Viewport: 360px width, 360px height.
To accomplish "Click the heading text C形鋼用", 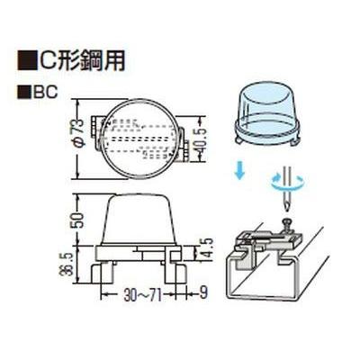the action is pos(80,60).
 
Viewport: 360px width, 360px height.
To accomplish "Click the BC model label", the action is pos(45,92).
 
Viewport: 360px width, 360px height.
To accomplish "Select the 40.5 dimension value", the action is pos(201,140).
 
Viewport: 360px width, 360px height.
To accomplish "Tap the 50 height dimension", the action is pos(79,220).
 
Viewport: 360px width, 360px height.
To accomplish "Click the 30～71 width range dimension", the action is pos(143,296).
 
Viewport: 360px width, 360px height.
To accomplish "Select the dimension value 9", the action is pos(203,293).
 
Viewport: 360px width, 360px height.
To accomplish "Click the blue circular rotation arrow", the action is pos(288,182).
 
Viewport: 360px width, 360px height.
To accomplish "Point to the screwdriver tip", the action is pos(287,211).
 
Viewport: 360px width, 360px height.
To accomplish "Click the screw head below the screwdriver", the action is pos(286,221).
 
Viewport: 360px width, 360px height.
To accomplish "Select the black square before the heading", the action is pos(26,61).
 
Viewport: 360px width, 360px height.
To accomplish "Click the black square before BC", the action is pos(24,92).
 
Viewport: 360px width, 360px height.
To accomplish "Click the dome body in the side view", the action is pos(139,220).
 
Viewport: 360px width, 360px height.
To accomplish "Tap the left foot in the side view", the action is pos(102,274).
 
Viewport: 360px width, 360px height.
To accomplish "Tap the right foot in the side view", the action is pos(175,274).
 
